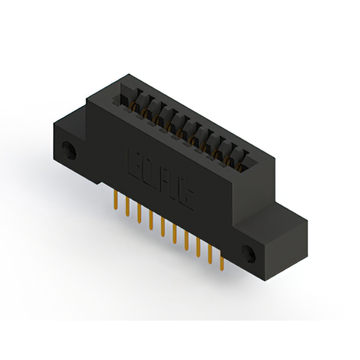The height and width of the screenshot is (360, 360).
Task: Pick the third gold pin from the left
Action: [x=139, y=213]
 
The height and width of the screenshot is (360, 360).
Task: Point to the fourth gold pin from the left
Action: [x=151, y=221]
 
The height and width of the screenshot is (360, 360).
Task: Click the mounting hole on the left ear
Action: [x=69, y=151]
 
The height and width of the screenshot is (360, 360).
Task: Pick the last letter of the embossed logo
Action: [x=188, y=196]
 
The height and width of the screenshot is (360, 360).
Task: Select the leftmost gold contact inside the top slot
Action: [x=137, y=107]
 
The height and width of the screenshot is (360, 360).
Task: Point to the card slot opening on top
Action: [x=186, y=129]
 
